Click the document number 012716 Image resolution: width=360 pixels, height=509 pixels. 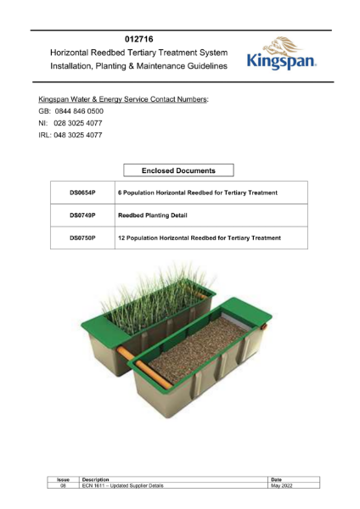click(138, 39)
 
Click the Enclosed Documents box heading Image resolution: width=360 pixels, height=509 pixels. click(178, 170)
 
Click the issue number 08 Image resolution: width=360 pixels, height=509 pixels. click(63, 486)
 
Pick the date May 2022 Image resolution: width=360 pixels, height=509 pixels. click(281, 486)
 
